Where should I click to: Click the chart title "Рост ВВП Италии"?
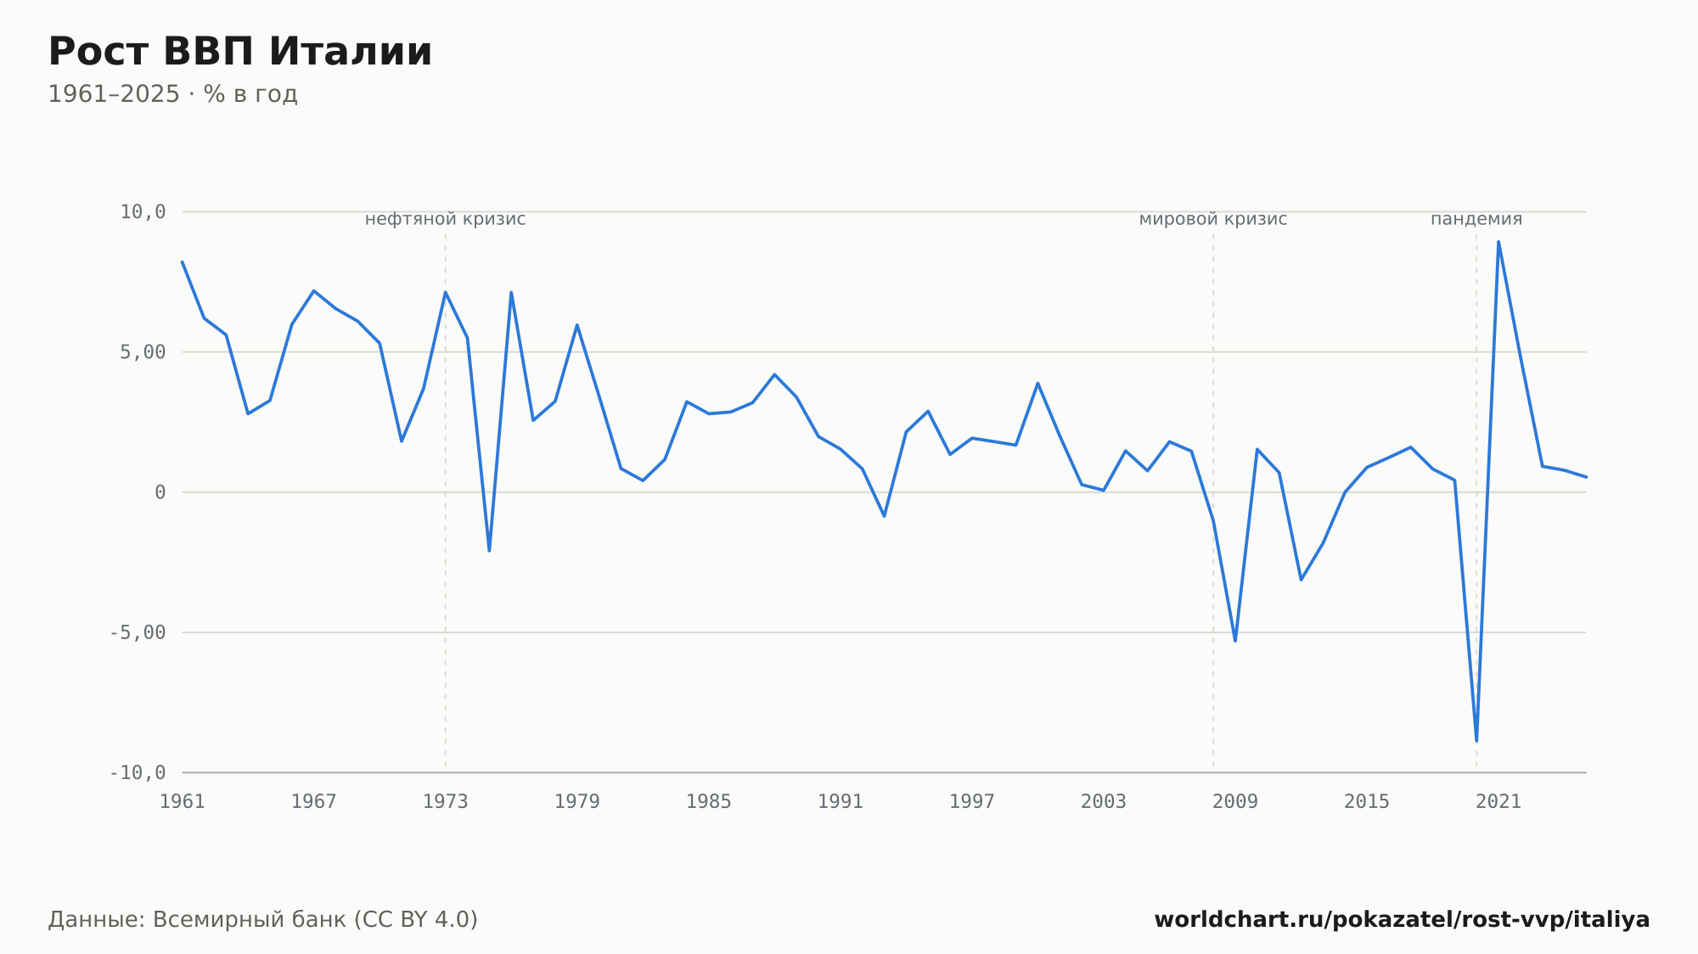240,52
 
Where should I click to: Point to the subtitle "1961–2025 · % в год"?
172,94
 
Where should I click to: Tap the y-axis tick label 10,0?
143,212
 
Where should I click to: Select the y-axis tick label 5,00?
143,352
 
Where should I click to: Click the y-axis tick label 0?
160,492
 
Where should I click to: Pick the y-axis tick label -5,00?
138,632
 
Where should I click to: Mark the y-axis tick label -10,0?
138,772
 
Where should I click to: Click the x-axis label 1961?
183,802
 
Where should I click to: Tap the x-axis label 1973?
446,802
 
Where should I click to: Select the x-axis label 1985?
709,802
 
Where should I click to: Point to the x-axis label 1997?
972,802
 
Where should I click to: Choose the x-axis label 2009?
1235,802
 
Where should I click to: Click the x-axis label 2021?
1498,802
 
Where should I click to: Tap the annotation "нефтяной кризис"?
446,220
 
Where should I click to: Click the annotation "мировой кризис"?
1213,220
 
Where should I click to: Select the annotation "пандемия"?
1476,220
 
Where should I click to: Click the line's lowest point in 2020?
1476,741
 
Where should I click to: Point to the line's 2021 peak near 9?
1498,242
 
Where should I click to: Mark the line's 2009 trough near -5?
1235,641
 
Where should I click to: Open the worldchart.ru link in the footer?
1402,920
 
